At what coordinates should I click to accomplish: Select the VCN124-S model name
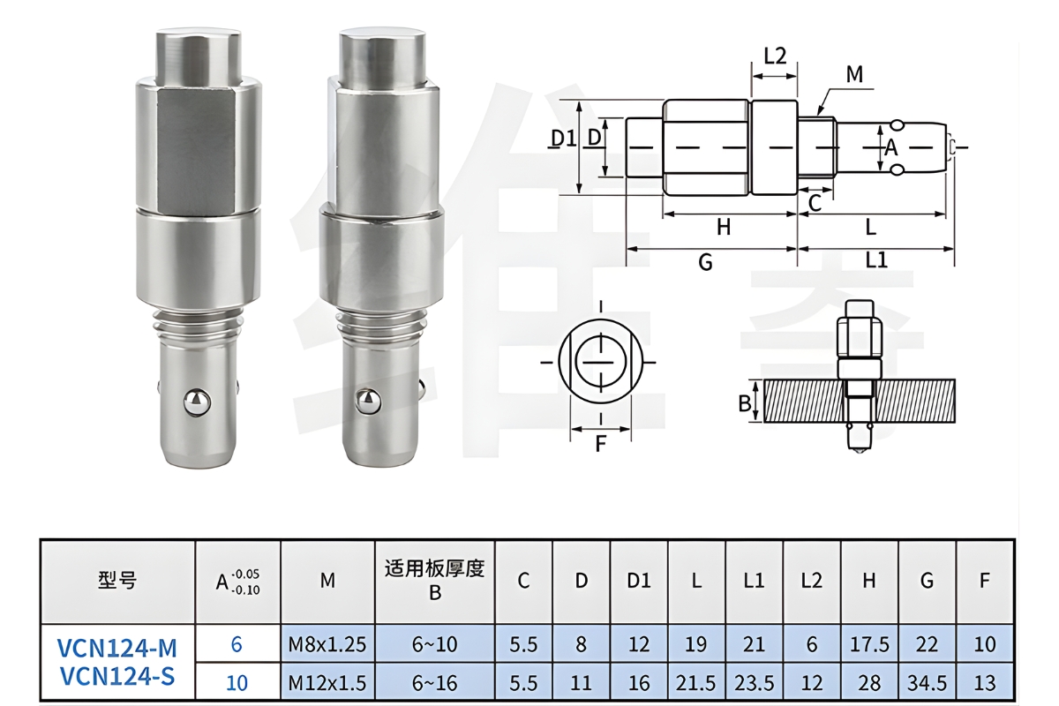coord(117,679)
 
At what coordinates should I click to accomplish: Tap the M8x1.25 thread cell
coord(327,644)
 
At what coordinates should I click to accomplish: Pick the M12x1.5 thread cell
coord(327,682)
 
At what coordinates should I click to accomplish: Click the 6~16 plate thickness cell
coord(434,682)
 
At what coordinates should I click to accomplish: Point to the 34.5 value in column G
coord(927,682)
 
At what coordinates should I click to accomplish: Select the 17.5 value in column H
coord(869,644)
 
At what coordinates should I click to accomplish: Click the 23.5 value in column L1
coord(754,682)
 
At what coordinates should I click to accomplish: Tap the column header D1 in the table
coord(639,581)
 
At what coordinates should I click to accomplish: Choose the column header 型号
coord(117,581)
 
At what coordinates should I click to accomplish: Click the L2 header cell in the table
coord(811,581)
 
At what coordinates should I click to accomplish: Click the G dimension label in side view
coord(705,262)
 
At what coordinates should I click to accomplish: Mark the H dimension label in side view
coord(724,228)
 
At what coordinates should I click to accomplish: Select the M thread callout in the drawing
coord(853,75)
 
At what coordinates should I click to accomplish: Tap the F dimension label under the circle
coord(600,444)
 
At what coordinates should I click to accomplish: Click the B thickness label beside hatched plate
coord(744,403)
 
